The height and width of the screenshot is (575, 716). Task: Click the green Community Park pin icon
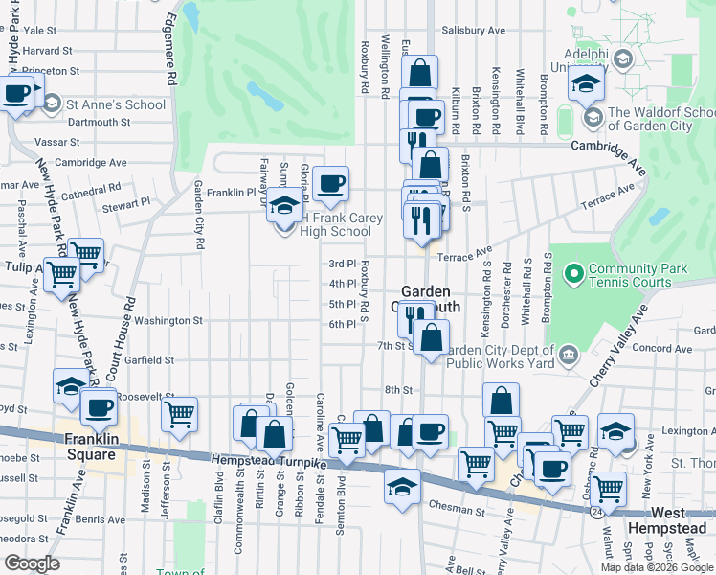[x=573, y=275]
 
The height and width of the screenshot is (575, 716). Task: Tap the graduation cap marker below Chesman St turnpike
[x=403, y=485]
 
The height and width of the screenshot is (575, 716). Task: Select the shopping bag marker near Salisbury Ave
[x=420, y=72]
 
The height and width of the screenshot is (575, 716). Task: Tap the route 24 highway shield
[x=596, y=515]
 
